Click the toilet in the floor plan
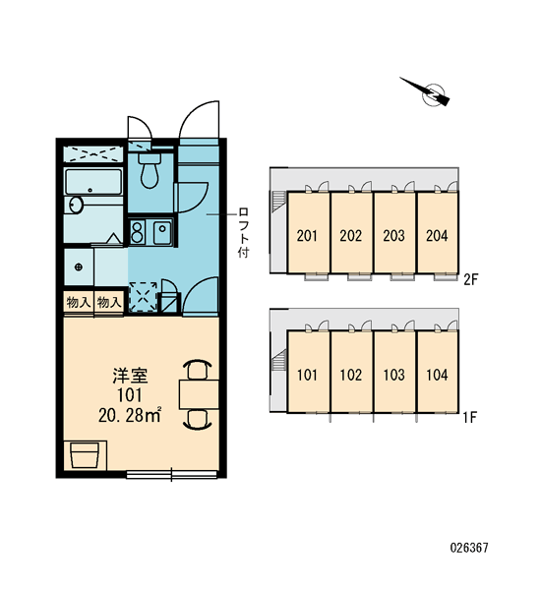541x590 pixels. coord(150,170)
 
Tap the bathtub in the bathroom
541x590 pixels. coord(93,182)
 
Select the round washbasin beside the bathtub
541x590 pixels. coord(76,206)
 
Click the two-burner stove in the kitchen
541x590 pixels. coord(138,232)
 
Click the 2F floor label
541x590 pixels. coord(470,279)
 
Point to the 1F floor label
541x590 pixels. coord(470,417)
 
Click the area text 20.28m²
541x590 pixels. coord(130,415)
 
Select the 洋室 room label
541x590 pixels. coord(130,376)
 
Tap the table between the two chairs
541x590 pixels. coord(199,394)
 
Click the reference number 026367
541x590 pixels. coord(469,548)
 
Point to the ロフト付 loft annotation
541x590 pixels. coord(244,232)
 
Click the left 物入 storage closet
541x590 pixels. coord(79,302)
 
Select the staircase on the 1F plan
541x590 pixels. coord(277,360)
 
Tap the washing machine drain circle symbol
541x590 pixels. coord(79,267)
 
